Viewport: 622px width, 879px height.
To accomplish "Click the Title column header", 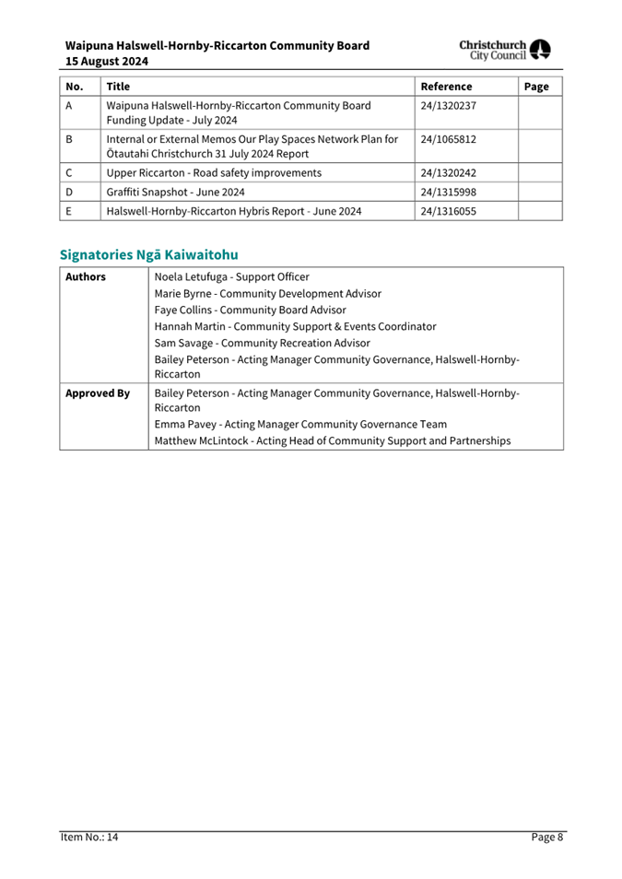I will (x=118, y=87).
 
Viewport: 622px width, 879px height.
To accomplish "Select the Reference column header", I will (x=446, y=87).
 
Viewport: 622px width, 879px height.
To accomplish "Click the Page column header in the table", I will (x=535, y=87).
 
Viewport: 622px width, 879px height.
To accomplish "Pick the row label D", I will (x=70, y=192).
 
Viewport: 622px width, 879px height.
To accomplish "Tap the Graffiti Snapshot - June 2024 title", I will (x=175, y=192).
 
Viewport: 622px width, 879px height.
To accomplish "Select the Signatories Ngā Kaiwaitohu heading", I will (x=148, y=253).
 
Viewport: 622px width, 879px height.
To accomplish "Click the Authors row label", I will (x=86, y=276).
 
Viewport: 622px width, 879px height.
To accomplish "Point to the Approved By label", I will (x=97, y=393).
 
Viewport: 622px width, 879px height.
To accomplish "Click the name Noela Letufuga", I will (x=194, y=276).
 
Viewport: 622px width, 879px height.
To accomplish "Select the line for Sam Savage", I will (x=262, y=343).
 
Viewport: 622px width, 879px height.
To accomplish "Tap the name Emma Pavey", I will (x=187, y=424).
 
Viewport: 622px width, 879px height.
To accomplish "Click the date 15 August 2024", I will (x=107, y=62).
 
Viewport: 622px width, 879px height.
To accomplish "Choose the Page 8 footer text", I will (x=546, y=837).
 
